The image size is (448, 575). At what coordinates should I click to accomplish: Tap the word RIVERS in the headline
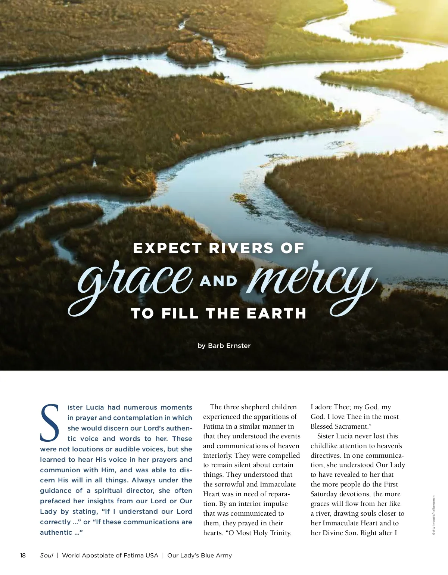click(241, 248)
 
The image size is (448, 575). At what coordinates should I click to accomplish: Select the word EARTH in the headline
click(276, 314)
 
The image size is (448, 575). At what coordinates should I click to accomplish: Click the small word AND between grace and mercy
click(218, 281)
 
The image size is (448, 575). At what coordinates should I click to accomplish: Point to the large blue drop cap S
click(50, 423)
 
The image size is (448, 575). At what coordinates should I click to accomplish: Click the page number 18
click(23, 555)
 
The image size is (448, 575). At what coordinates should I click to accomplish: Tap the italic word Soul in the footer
click(47, 555)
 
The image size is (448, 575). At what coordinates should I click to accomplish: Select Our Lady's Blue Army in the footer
click(199, 555)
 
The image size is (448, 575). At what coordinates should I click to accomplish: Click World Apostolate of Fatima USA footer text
click(110, 555)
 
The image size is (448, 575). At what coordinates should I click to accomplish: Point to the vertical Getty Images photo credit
click(433, 515)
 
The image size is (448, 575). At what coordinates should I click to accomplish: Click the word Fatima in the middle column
click(214, 426)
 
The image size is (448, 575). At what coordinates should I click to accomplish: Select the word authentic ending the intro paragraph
click(56, 532)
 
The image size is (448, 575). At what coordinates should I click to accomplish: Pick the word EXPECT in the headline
click(167, 248)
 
